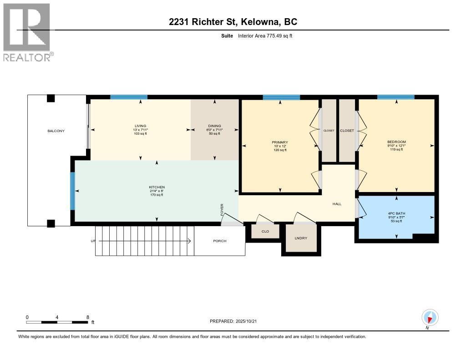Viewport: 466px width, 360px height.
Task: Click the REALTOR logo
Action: [x=26, y=32]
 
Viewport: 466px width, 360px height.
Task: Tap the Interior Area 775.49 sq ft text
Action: [x=265, y=35]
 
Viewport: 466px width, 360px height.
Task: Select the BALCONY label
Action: [x=56, y=131]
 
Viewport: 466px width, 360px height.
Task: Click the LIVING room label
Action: [x=140, y=126]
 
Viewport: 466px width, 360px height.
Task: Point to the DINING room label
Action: [x=214, y=126]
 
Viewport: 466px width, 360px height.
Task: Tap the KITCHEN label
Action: [x=157, y=188]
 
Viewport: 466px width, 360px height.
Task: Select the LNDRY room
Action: [x=300, y=238]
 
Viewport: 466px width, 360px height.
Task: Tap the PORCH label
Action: [x=219, y=241]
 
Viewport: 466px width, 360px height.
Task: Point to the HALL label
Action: [x=337, y=204]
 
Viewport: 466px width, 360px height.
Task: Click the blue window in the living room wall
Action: [x=129, y=97]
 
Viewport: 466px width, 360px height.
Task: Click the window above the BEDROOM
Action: [x=395, y=97]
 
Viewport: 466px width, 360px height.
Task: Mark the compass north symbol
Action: [x=430, y=317]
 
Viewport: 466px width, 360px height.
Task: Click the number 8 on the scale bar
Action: [x=87, y=317]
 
